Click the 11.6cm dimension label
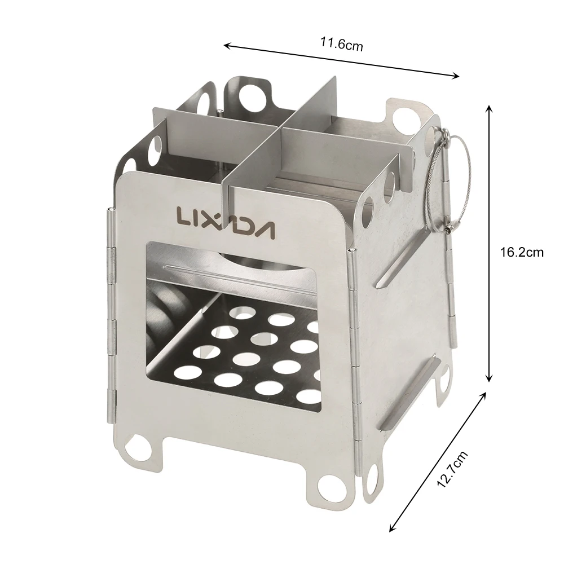(342, 45)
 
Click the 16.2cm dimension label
(522, 252)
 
